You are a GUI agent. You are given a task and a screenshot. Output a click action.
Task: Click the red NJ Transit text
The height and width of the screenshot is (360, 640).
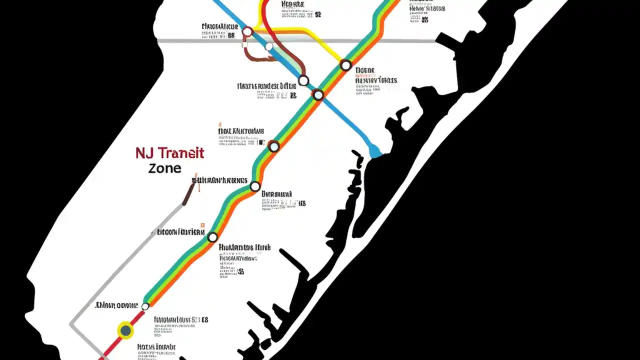coord(169,153)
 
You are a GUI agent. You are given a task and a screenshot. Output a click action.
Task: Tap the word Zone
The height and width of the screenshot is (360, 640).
coord(164,168)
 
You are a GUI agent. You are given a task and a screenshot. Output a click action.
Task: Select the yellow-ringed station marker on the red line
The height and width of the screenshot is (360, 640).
coord(125,330)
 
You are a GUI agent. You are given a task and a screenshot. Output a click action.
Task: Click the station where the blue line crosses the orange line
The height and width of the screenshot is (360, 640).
coord(318,94)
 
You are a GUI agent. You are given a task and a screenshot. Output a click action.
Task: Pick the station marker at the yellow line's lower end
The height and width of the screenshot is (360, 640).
coord(345,65)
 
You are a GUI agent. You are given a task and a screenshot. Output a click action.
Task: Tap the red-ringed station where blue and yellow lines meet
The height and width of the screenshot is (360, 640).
coord(247,32)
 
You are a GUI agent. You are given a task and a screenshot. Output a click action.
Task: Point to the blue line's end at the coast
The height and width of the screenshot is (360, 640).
coord(374,151)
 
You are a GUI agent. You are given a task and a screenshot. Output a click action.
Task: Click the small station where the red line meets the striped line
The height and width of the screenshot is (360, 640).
coord(145,306)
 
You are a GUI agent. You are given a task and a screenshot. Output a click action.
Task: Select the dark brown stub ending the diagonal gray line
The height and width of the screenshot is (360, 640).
coord(188,195)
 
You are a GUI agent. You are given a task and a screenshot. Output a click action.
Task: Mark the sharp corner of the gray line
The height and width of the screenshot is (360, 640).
coord(71,324)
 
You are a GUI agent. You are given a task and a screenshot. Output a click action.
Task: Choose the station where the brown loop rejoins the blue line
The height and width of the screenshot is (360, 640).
coord(303,80)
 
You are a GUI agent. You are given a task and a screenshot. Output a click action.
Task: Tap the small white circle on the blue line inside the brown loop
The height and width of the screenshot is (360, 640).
coord(269,47)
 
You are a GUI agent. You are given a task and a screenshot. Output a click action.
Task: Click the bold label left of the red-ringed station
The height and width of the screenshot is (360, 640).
coord(220,26)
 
